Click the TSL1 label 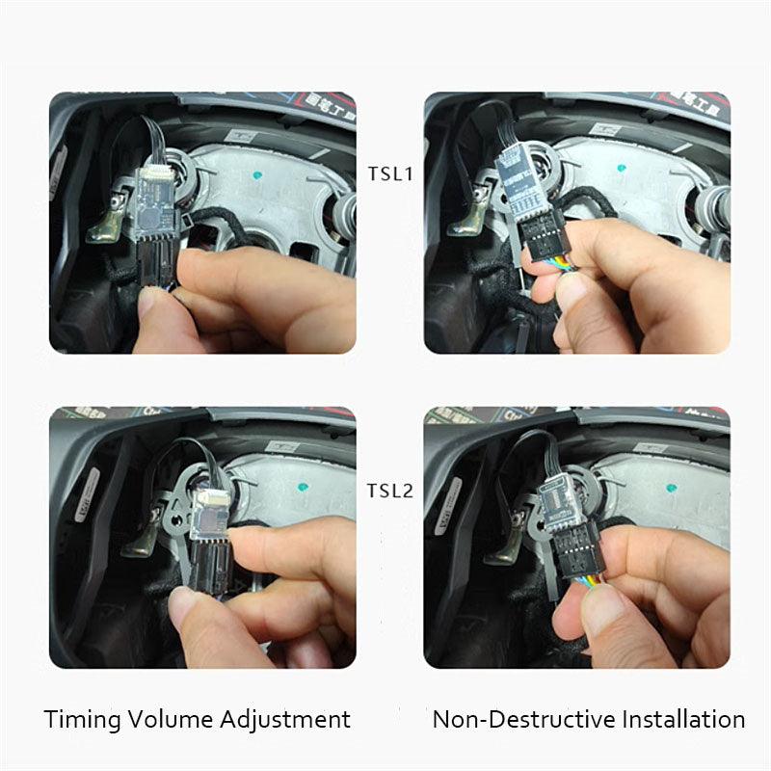tap(389, 173)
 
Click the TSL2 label tap(389, 491)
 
